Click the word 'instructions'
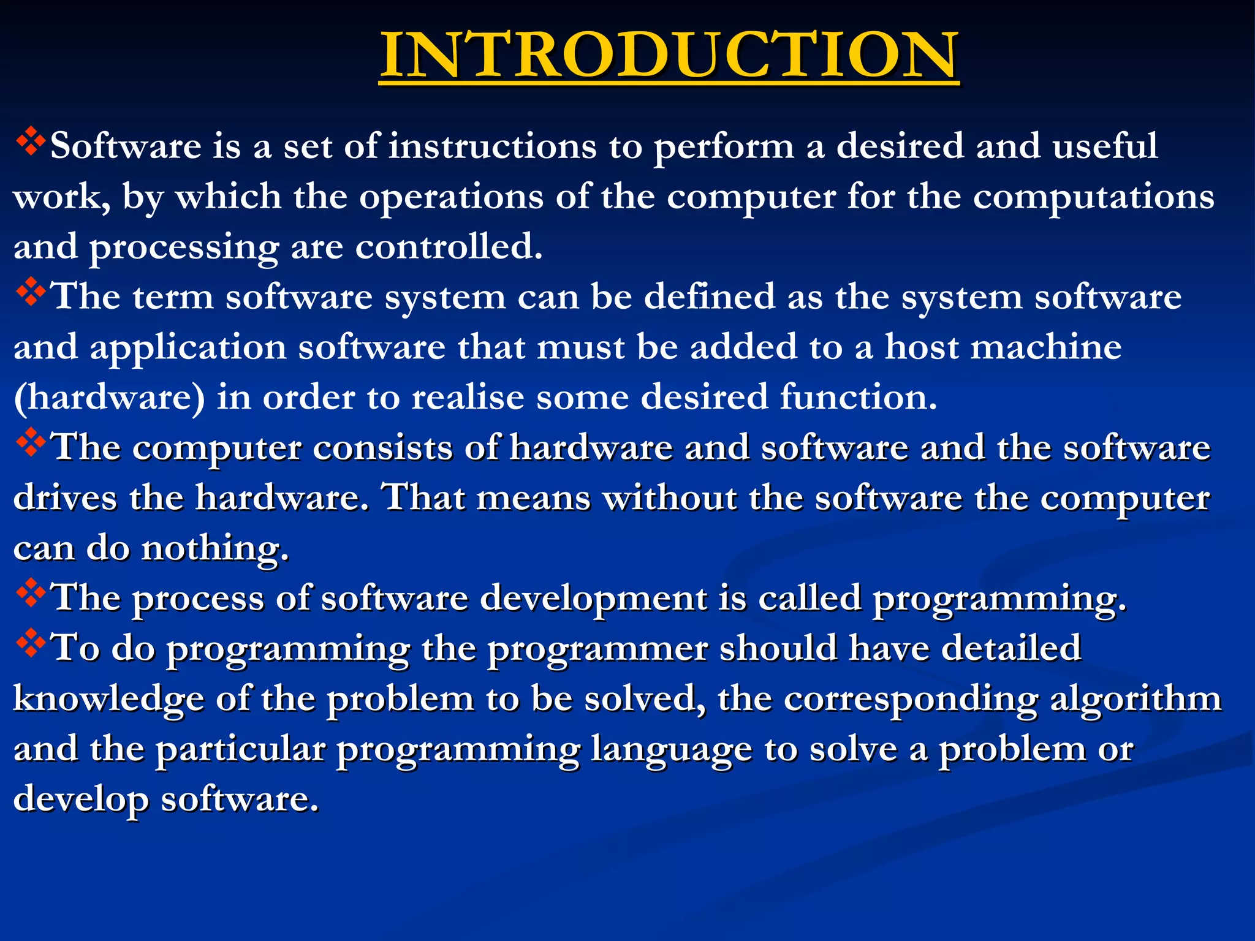(x=493, y=147)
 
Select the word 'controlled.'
(x=449, y=248)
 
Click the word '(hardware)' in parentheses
(x=109, y=398)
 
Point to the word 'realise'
(x=468, y=398)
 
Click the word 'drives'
(x=65, y=498)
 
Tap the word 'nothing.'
(x=215, y=549)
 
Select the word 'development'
(x=593, y=599)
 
